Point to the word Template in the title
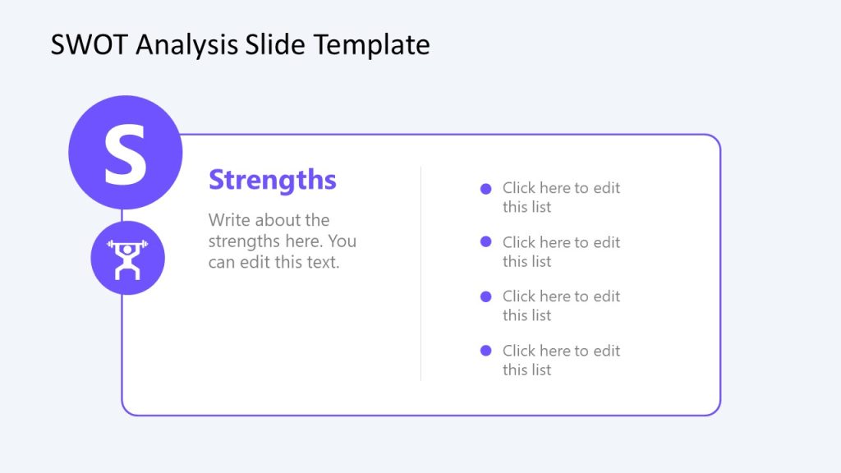click(x=370, y=44)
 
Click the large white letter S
click(x=125, y=154)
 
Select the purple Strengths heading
click(x=272, y=180)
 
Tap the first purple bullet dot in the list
click(x=485, y=188)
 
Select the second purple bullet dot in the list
click(x=485, y=242)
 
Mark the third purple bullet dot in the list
click(x=485, y=296)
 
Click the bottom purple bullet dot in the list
click(x=485, y=351)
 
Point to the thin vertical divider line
click(x=420, y=273)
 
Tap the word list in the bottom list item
click(x=540, y=370)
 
